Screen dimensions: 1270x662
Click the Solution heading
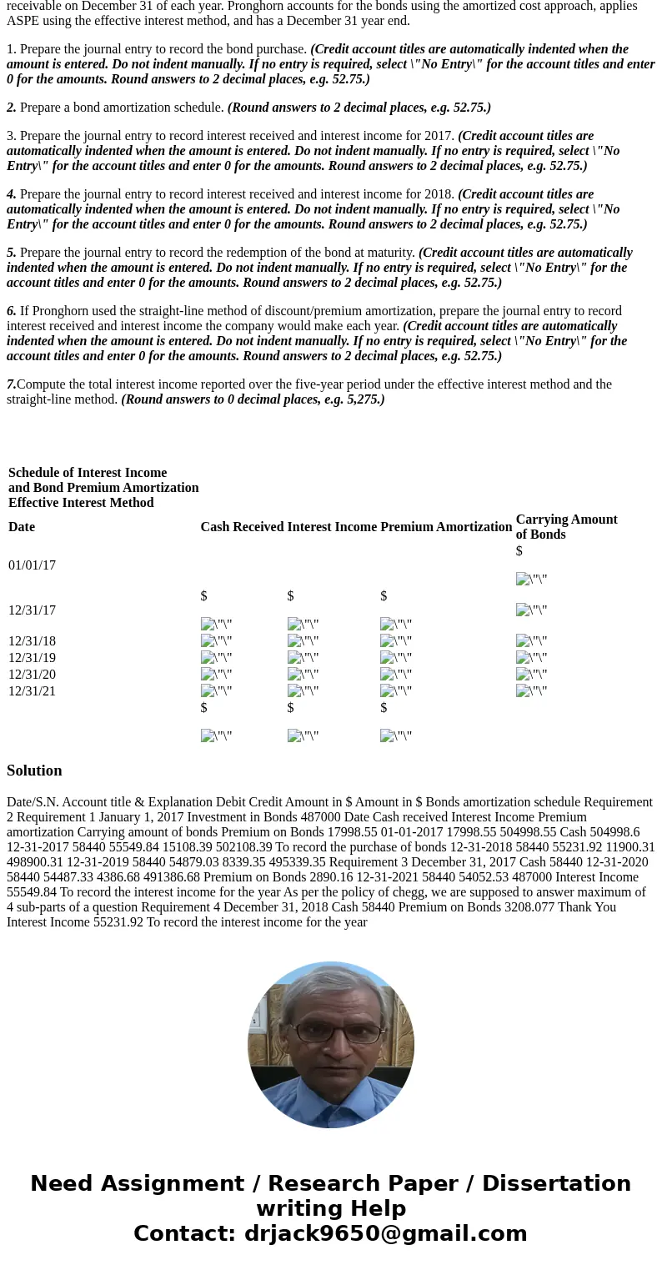[x=34, y=771]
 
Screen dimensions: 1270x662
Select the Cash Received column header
[x=242, y=527]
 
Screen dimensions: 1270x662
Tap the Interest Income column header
[x=332, y=527]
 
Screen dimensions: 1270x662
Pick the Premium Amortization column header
[x=446, y=527]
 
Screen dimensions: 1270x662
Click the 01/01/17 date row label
[x=32, y=565]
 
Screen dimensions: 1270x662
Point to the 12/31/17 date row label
[x=32, y=610]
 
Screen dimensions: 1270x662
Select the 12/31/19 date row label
[x=32, y=658]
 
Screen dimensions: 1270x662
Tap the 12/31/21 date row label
[x=32, y=691]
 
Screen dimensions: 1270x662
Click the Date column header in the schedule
[x=22, y=527]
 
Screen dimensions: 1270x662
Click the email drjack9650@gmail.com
[x=385, y=1233]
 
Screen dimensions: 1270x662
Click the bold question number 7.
[x=11, y=384]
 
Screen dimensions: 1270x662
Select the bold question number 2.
[x=12, y=108]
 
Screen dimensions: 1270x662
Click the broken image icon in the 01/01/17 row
[x=531, y=580]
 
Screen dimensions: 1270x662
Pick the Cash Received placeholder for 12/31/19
[x=216, y=658]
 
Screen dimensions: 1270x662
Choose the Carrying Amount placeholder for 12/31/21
[x=531, y=691]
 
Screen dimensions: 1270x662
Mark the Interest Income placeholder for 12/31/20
[x=303, y=675]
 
